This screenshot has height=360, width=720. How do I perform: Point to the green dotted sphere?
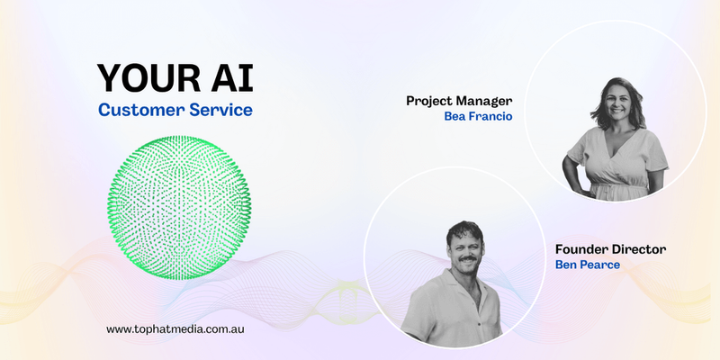[179, 208]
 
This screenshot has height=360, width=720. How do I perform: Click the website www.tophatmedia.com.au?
[175, 329]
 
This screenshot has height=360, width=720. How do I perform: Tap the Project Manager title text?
[459, 101]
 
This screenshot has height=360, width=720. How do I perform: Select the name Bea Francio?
[478, 116]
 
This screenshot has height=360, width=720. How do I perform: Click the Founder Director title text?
[611, 250]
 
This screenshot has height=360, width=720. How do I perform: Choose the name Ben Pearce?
[588, 265]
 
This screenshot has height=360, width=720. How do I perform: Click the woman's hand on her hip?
[582, 188]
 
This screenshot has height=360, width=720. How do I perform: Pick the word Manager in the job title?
[485, 102]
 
